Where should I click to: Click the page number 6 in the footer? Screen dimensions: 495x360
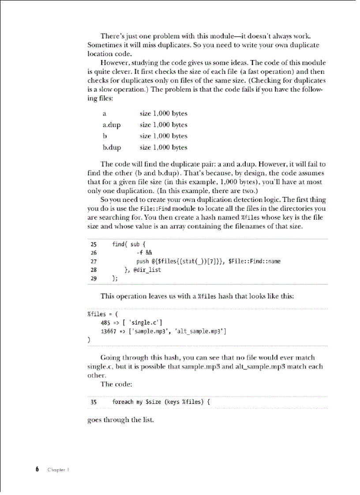37,469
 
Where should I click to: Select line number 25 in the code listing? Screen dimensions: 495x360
94,244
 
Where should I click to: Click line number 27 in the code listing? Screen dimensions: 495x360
94,261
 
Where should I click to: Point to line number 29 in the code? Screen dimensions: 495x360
94,278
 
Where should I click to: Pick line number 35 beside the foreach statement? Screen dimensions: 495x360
94,402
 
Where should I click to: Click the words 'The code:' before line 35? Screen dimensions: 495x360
114,384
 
